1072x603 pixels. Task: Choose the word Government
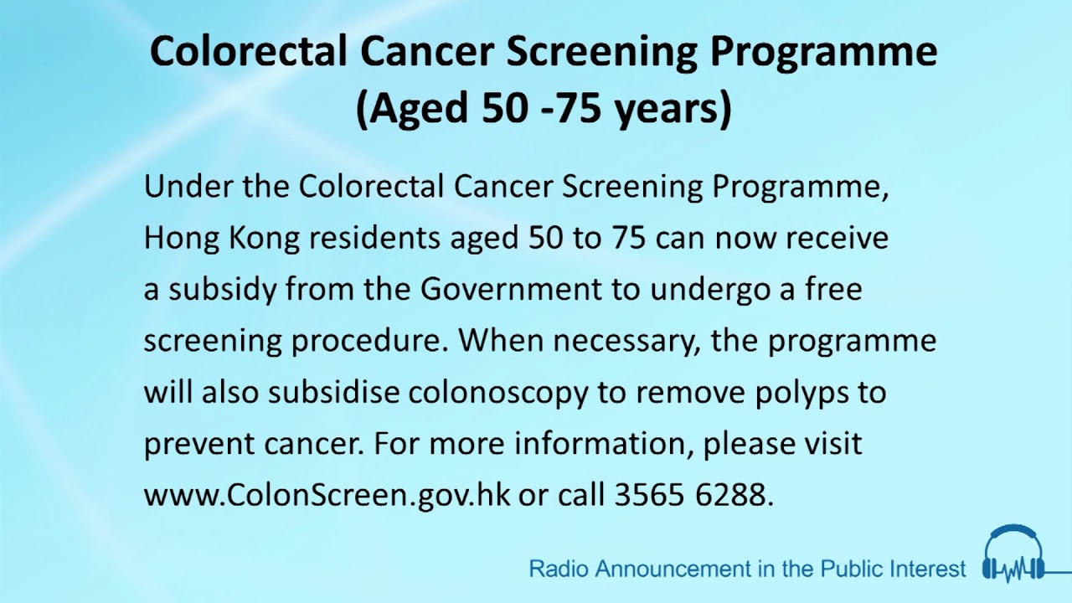coord(511,290)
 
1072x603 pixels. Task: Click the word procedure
coord(369,342)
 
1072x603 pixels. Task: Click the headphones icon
coord(1013,554)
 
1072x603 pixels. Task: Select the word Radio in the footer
coord(552,569)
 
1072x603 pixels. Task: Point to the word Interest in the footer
coord(928,569)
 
